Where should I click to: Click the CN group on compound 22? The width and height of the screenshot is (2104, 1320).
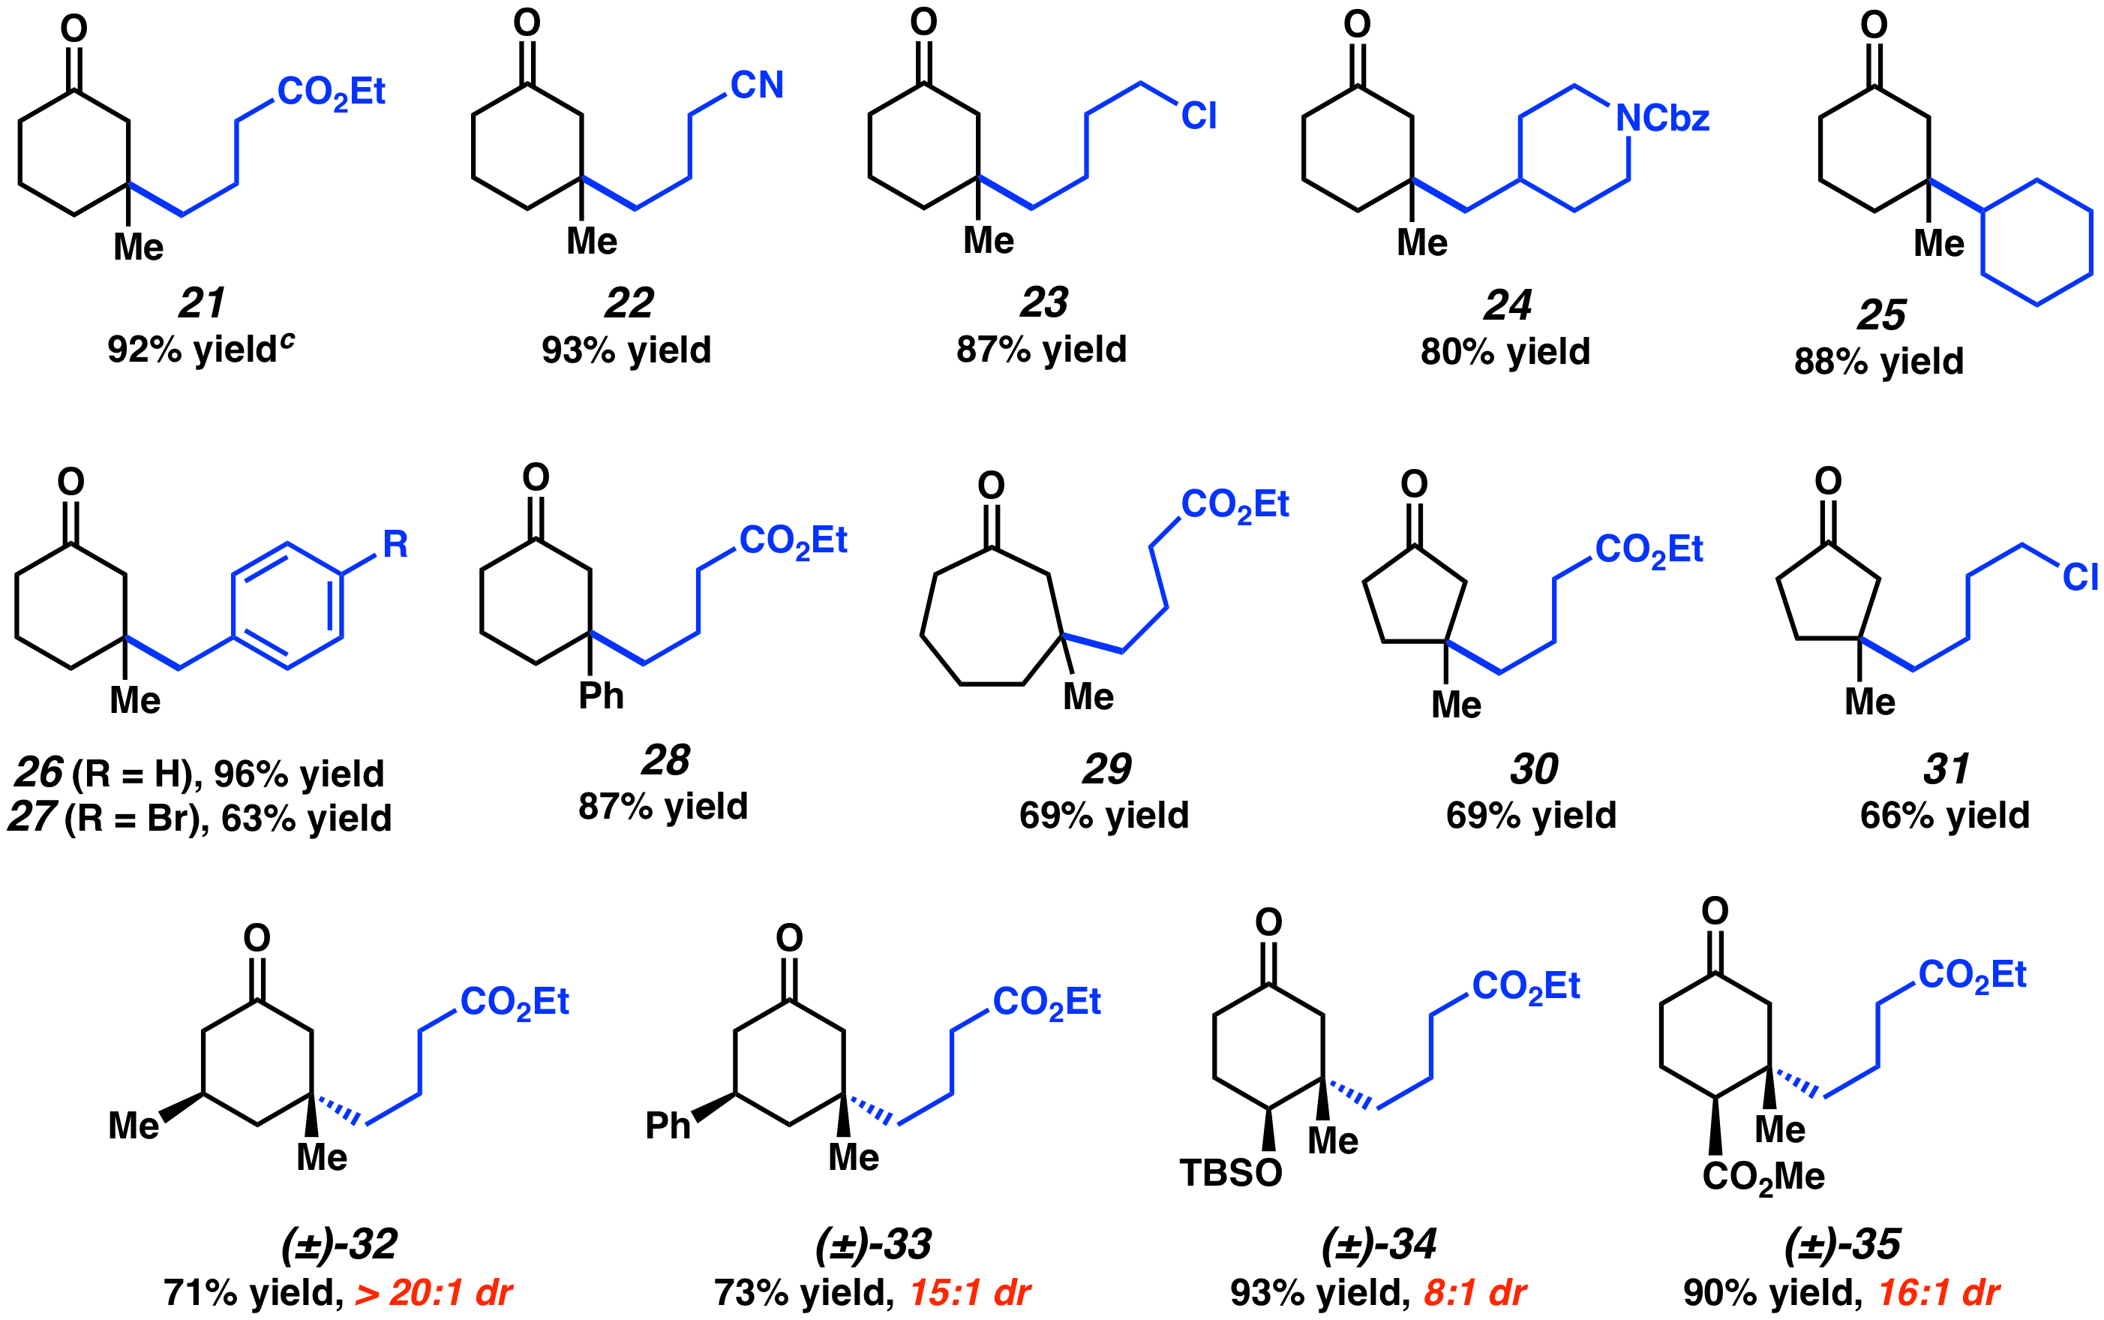757,86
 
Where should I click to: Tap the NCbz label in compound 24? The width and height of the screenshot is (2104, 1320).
1661,119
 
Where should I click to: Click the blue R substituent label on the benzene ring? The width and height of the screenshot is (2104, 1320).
395,545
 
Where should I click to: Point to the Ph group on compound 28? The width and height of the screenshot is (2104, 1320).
602,696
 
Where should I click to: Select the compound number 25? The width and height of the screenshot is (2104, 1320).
1881,315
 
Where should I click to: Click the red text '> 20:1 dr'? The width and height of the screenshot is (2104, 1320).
434,1293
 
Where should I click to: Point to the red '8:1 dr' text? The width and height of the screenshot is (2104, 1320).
1475,1293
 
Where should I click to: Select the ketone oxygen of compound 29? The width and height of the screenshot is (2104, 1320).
990,486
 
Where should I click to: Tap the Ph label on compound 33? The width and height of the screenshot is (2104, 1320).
668,1126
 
